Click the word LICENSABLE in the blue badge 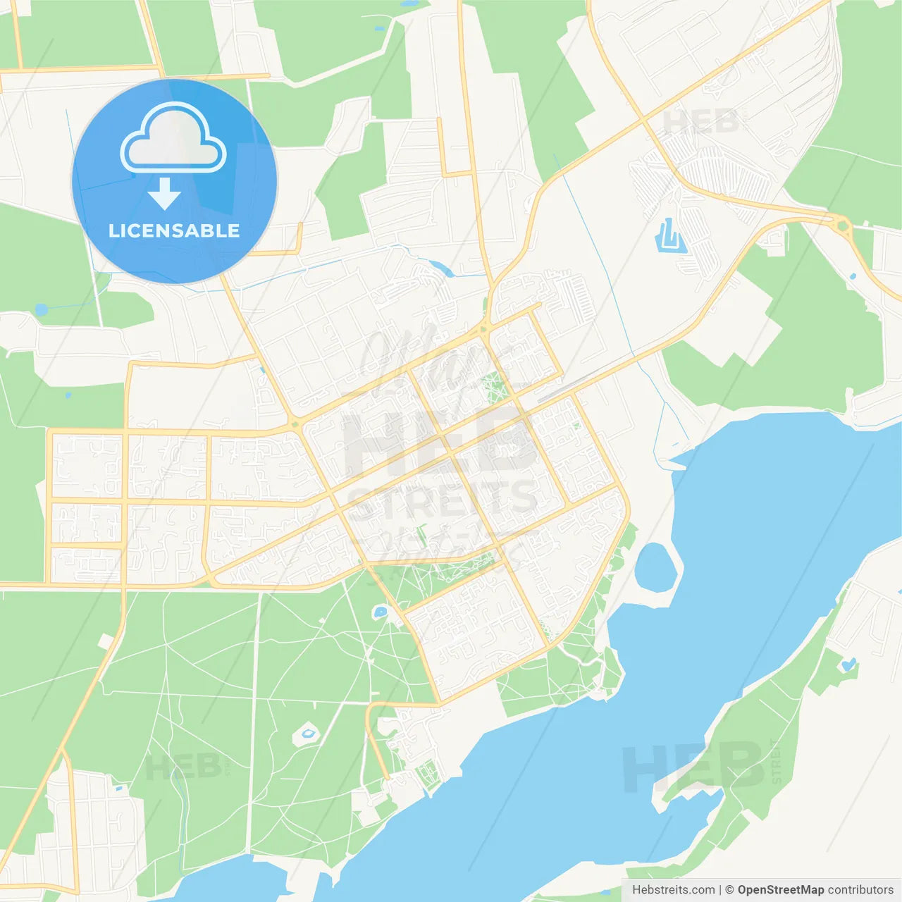[x=174, y=230]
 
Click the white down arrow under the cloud [x=164, y=194]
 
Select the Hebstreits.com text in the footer [x=673, y=890]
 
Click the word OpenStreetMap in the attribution [x=780, y=890]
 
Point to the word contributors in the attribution [x=860, y=890]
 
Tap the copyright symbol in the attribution [x=729, y=890]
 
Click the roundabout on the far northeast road [x=842, y=225]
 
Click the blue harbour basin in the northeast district [x=669, y=237]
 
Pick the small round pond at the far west [x=42, y=309]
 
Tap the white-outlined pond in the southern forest [x=307, y=734]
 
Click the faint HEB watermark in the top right [x=701, y=122]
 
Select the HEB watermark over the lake [x=694, y=766]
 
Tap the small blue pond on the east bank [x=848, y=664]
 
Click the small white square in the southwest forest [x=106, y=641]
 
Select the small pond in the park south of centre [x=380, y=612]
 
